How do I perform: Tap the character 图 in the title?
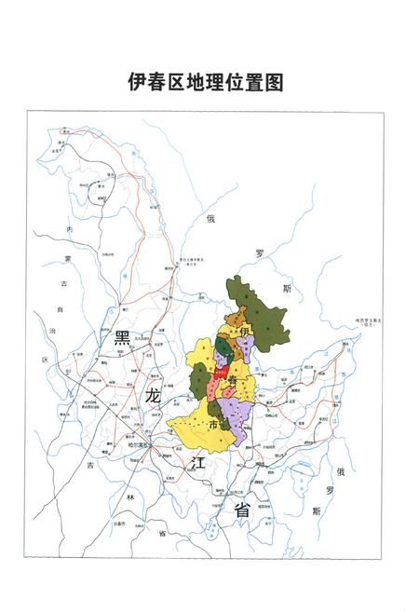(x=272, y=82)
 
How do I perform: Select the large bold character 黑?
(x=121, y=340)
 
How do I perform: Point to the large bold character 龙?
(x=153, y=396)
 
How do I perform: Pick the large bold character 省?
(x=241, y=510)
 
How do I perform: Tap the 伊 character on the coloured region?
(x=245, y=332)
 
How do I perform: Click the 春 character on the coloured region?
(x=232, y=370)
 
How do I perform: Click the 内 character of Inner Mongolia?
(x=68, y=229)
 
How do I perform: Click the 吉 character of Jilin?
(x=91, y=464)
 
